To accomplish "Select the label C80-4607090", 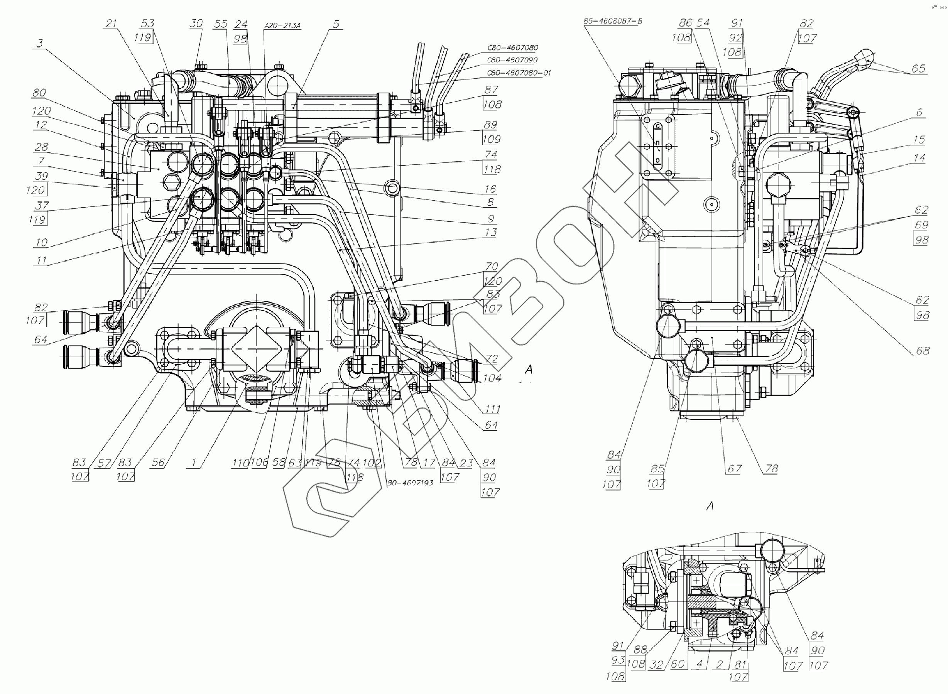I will coord(512,60).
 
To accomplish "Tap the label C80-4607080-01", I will coord(519,73).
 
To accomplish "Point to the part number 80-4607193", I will coord(410,483).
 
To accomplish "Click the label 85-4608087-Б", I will coord(613,21).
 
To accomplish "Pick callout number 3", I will coord(40,43).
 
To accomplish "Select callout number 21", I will coord(111,24).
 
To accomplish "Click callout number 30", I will coord(196,24).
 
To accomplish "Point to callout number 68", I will coord(923,351).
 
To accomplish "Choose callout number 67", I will coord(734,468).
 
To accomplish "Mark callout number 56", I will coord(158,463).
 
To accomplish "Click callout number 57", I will coord(104,463).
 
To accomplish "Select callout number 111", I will coord(492,409).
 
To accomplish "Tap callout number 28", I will coord(41,147).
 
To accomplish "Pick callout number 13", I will coord(491,232).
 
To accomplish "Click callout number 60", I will coord(678,664).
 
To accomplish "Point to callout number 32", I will coord(656,665).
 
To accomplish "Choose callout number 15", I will coord(919,140).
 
